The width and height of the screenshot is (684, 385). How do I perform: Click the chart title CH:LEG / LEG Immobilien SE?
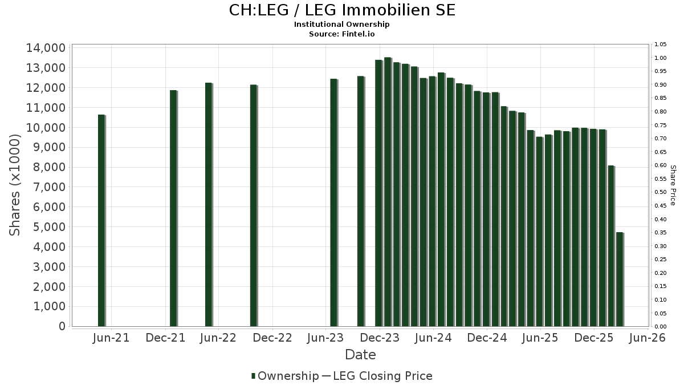pos(342,10)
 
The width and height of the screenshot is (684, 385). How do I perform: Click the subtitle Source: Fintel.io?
pos(342,34)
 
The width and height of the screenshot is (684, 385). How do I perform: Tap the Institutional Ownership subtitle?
pos(342,25)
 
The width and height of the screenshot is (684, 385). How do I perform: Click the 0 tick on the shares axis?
pos(61,326)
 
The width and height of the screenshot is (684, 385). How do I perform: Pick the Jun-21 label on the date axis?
pos(111,338)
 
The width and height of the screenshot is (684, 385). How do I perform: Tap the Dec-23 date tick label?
pos(380,338)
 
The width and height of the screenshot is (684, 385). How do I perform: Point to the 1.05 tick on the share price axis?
pos(660,44)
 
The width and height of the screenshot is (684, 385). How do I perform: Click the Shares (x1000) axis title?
pos(15,185)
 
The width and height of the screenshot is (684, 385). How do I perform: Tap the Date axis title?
pos(360,355)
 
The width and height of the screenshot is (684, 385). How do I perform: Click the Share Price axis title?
pos(673,185)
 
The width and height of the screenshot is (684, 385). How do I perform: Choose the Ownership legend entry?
pos(285,376)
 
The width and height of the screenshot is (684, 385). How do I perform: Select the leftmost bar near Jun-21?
pos(101,220)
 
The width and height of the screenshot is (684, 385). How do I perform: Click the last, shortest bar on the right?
pos(620,279)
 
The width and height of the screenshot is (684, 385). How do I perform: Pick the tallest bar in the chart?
pos(388,192)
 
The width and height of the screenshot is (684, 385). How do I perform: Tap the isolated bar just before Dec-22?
pos(254,205)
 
